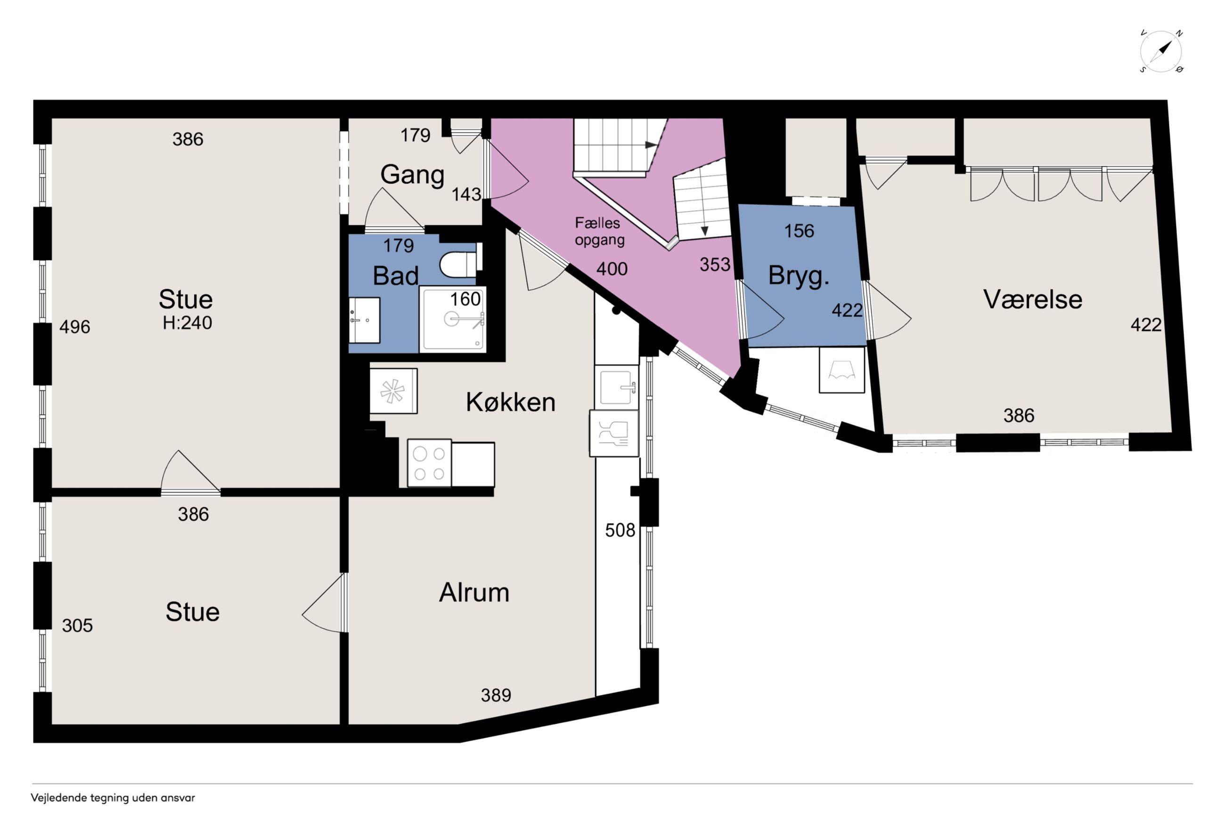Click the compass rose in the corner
coord(1160,51)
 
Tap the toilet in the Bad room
coord(460,264)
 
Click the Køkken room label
coord(510,402)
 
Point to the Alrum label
coord(474,592)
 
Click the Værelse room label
coord(1032,299)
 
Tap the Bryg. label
coord(799,276)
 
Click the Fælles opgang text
coord(599,231)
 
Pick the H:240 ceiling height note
coord(187,323)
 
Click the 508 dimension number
coord(620,530)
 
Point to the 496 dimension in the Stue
coord(74,327)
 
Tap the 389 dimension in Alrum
coord(496,695)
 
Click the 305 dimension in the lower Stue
coord(77,625)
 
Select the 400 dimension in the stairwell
coord(612,269)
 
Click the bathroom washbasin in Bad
coord(364,320)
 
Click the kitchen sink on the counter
coord(616,387)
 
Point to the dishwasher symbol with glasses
coord(614,434)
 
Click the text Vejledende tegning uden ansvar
coord(113,798)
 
